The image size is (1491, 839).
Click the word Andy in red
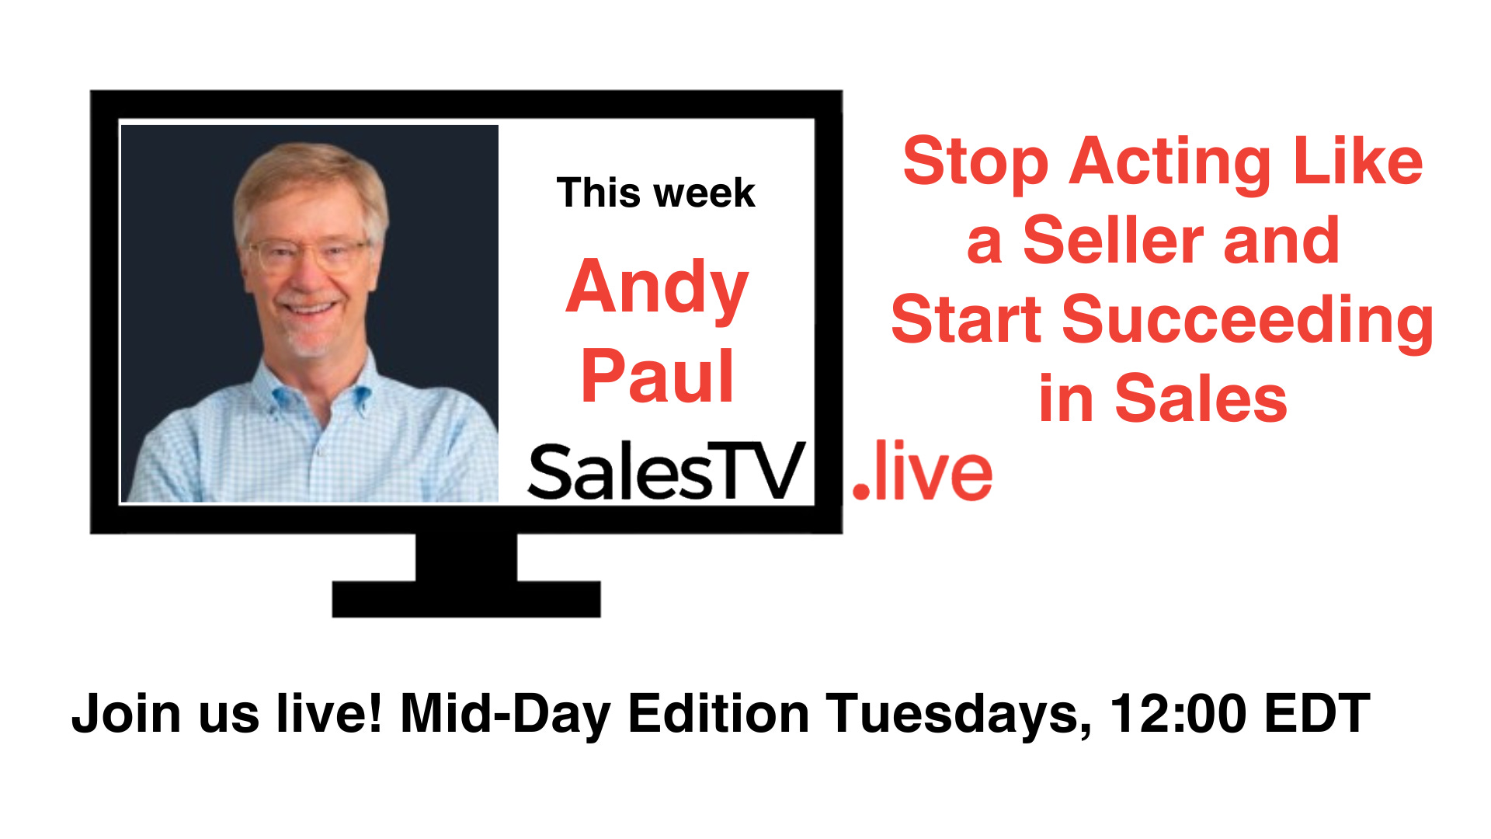pos(657,287)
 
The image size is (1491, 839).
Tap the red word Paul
pos(657,377)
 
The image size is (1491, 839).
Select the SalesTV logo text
pos(665,472)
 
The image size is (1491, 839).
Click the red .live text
pos(923,472)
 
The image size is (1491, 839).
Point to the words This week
pos(655,193)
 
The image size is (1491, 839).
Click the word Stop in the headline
pos(975,163)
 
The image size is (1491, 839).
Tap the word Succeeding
pos(1247,320)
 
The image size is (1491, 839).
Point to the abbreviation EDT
pos(1317,713)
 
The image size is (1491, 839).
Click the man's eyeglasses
pos(308,253)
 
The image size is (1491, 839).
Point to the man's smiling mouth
pos(311,309)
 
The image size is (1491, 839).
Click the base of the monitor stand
pos(466,599)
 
